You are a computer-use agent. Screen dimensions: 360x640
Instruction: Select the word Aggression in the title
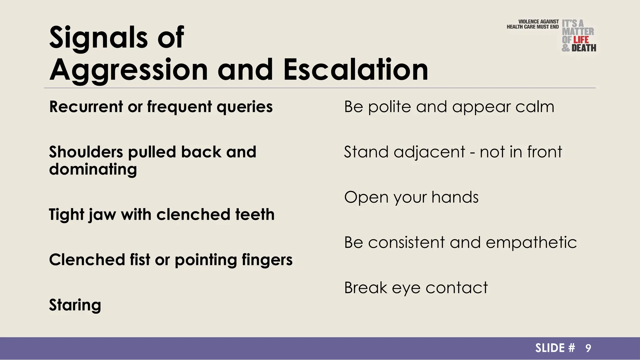pyautogui.click(x=129, y=70)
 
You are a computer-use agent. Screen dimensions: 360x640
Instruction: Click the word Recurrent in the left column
pyautogui.click(x=86, y=107)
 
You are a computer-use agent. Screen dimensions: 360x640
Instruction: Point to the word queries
pyautogui.click(x=244, y=107)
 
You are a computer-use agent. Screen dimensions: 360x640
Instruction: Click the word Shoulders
pyautogui.click(x=86, y=152)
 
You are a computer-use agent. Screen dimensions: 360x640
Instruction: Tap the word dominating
pyautogui.click(x=93, y=170)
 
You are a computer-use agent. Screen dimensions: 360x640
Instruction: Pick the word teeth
pyautogui.click(x=255, y=215)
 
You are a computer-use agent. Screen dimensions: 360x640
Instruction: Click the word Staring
pyautogui.click(x=75, y=305)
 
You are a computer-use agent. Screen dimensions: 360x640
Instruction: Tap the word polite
pyautogui.click(x=389, y=107)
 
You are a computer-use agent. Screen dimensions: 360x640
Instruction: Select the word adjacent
pyautogui.click(x=429, y=152)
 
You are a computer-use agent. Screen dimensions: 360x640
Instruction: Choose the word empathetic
pyautogui.click(x=531, y=243)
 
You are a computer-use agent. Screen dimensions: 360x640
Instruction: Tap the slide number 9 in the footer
pyautogui.click(x=588, y=348)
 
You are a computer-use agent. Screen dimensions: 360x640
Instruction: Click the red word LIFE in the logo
pyautogui.click(x=581, y=40)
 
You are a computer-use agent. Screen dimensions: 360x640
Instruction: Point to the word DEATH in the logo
pyautogui.click(x=584, y=48)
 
